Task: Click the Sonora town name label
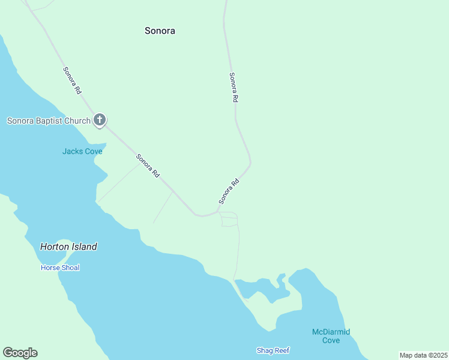160,31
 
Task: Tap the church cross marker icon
100,120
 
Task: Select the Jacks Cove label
82,151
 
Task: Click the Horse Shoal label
60,268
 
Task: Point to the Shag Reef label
273,350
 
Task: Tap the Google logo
20,353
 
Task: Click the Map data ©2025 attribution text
423,355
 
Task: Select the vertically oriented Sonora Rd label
235,88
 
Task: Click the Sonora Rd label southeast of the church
148,166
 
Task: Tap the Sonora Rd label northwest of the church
72,80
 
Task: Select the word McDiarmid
331,332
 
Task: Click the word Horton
53,247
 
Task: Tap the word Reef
282,350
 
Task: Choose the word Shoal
70,268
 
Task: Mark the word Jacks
72,151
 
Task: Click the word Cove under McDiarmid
331,340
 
